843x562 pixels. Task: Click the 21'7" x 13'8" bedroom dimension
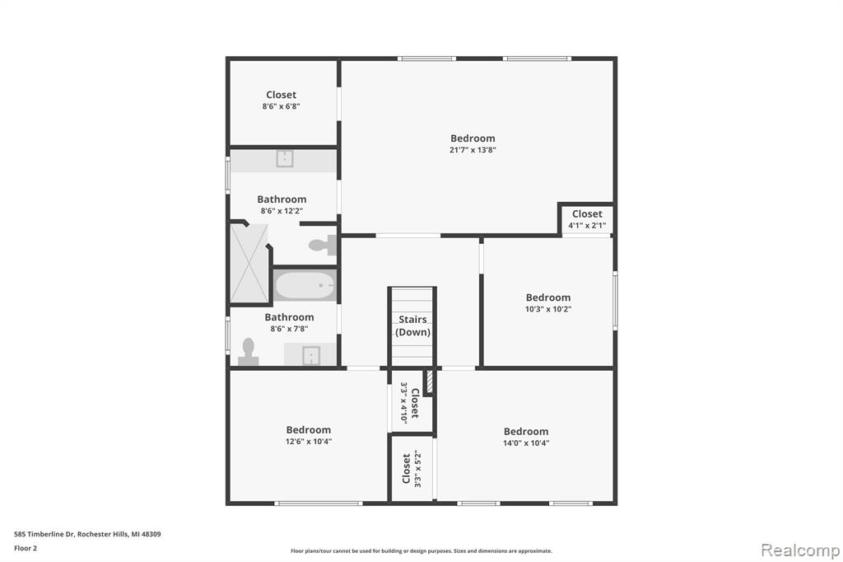tap(473, 150)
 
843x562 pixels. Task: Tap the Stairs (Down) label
tap(413, 325)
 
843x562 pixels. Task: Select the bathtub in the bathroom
tap(305, 285)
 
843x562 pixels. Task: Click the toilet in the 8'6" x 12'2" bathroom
tap(322, 246)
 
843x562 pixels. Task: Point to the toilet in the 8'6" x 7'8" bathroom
tap(248, 352)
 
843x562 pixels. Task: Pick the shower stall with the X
tap(249, 264)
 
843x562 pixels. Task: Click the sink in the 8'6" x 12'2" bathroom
tap(284, 159)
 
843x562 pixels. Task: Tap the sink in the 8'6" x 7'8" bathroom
tap(311, 355)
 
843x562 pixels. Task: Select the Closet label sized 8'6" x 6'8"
tap(282, 95)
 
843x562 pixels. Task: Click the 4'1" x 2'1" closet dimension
tap(587, 226)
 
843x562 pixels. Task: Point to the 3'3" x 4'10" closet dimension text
tap(403, 403)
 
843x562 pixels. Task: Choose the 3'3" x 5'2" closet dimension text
tap(417, 469)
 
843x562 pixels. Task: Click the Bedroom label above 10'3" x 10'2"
tap(547, 297)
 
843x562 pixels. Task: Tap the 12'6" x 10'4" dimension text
tap(309, 442)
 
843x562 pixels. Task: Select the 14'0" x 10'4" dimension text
tap(526, 443)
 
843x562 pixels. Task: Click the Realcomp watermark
tap(800, 550)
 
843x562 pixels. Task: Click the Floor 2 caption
tap(26, 548)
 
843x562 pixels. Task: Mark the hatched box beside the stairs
tap(429, 382)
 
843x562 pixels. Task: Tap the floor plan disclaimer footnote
tap(421, 550)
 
